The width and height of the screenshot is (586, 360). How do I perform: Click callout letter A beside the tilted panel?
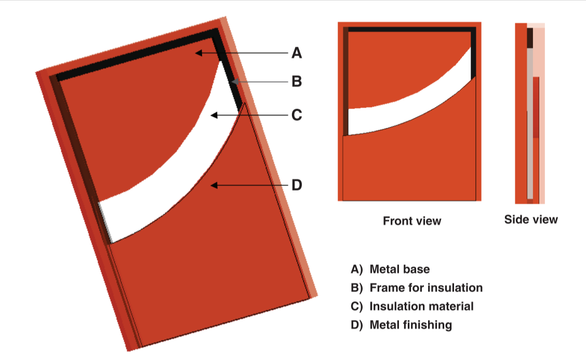(297, 52)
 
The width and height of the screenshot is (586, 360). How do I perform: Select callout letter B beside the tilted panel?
(297, 82)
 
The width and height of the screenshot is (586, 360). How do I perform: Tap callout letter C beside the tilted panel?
(297, 115)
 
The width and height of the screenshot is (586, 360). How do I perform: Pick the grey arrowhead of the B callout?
(235, 82)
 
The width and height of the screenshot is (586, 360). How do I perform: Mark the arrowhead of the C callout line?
(212, 115)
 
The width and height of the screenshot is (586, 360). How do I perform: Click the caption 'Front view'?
(412, 221)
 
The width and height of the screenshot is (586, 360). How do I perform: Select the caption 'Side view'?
(530, 219)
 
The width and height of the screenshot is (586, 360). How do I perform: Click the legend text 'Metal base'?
(399, 269)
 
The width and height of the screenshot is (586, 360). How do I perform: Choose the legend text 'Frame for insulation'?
(426, 287)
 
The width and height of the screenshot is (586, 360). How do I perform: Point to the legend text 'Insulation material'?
(421, 306)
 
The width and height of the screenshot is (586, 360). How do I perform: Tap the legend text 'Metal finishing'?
(410, 325)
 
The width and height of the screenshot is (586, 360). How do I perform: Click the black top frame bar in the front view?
(410, 30)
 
